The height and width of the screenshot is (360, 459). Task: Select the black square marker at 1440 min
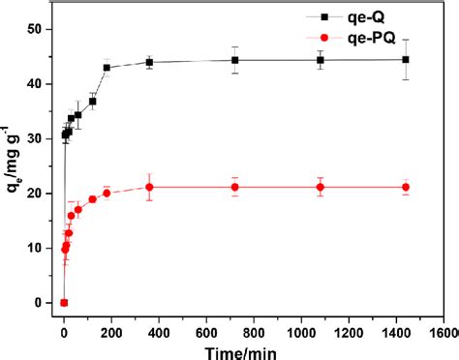coord(406,59)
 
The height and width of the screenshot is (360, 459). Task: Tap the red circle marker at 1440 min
coord(406,187)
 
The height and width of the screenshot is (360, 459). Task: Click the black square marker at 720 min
coord(235,60)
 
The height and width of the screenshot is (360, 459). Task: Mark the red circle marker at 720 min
coord(235,187)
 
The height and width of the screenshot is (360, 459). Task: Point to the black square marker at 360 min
coord(149,62)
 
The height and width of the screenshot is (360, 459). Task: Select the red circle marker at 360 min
coord(149,187)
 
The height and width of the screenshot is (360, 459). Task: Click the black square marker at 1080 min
coord(321,60)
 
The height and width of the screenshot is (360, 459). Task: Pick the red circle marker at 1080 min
coord(321,187)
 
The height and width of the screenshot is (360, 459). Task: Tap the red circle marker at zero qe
coord(64,303)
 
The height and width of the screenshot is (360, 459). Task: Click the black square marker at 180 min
coord(107,68)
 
